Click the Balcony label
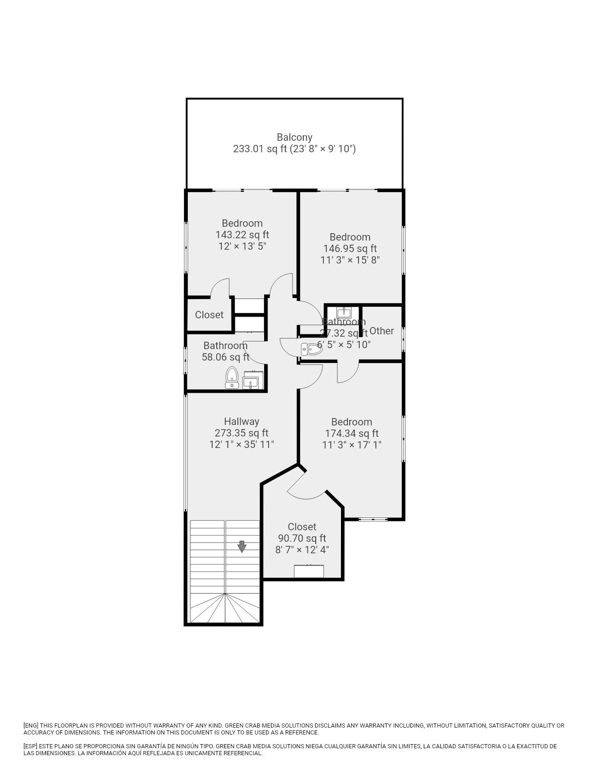pos(294,137)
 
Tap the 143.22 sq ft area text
pos(242,235)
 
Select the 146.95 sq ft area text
pos(350,249)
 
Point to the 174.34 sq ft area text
pos(352,434)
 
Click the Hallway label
pos(242,422)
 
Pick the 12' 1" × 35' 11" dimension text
pos(242,445)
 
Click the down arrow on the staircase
pos(242,546)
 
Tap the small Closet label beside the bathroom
pos(209,315)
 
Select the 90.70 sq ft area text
pos(302,539)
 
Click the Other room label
pos(381,331)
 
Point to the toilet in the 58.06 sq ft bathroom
pos(231,378)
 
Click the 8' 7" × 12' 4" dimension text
pos(302,550)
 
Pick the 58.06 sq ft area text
pos(225,357)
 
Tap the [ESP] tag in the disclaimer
pos(31,746)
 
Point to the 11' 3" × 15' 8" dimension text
pos(350,260)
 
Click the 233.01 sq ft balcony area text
pos(260,149)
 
